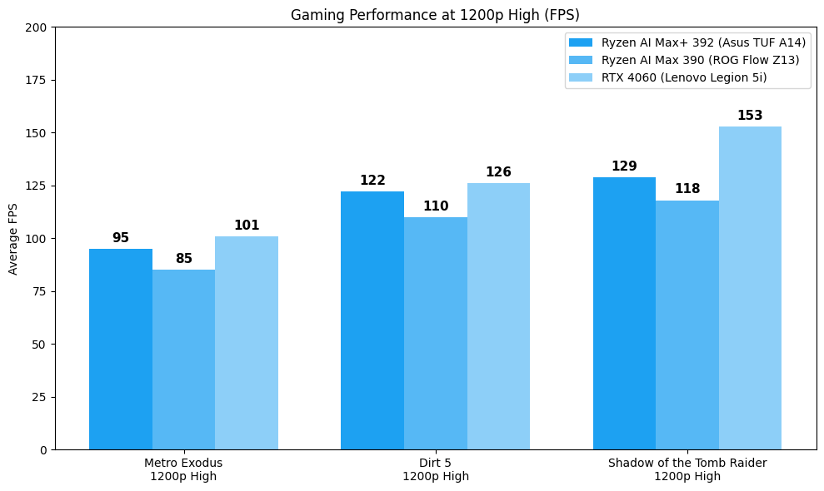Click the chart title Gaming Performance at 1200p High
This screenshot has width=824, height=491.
click(x=435, y=15)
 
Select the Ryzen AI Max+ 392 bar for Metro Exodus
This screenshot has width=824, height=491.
click(x=121, y=349)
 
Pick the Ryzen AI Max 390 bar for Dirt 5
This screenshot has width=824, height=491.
click(x=436, y=333)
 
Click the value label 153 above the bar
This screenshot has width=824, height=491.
click(x=750, y=116)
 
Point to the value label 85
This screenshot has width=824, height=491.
click(x=184, y=259)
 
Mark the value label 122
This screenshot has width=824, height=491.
click(x=372, y=181)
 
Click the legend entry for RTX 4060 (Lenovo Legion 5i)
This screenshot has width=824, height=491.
click(x=684, y=78)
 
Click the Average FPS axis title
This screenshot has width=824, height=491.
click(x=13, y=239)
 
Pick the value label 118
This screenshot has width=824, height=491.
click(x=687, y=189)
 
